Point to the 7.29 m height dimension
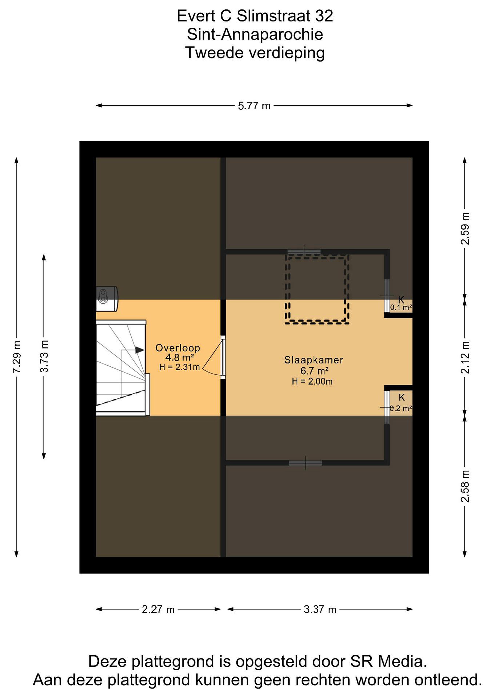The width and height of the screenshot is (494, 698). (16, 357)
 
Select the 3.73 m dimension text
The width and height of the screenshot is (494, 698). (44, 356)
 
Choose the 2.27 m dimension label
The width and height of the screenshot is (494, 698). (158, 610)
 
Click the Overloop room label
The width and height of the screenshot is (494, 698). (178, 348)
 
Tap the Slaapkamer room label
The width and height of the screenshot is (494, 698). (314, 360)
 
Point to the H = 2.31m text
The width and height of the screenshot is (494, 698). (179, 367)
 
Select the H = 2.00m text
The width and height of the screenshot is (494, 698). (312, 381)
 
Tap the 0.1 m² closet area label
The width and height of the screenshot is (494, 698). (401, 307)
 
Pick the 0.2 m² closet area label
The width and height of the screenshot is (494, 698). (401, 408)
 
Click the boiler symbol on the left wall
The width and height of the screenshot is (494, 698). (107, 299)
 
